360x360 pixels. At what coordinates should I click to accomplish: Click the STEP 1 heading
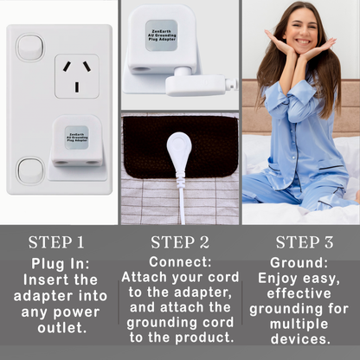56,242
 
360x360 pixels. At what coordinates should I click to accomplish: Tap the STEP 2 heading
180,242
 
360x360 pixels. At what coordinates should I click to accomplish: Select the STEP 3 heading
304,242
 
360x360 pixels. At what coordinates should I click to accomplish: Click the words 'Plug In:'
61,263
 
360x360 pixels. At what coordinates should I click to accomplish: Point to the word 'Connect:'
180,261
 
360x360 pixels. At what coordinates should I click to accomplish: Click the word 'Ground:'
299,261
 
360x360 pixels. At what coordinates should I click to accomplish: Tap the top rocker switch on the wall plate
29,47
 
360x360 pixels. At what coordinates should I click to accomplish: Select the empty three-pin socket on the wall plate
76,76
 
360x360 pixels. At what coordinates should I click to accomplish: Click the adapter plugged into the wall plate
76,141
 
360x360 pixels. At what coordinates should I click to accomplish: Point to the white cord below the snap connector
180,199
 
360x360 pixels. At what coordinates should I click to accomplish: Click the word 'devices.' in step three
301,338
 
